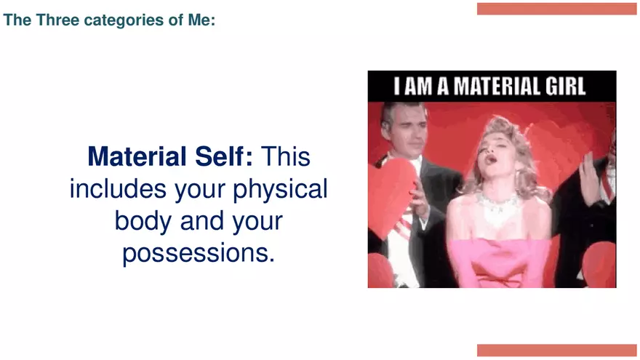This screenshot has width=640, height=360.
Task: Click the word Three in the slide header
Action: click(56, 20)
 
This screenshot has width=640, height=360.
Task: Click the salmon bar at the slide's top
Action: click(556, 9)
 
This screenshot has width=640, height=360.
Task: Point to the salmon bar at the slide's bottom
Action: click(556, 351)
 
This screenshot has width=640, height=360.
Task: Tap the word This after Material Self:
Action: click(286, 156)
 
